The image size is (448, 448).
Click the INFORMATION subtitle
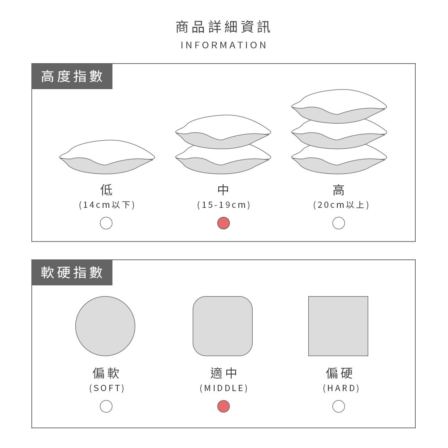(x=224, y=45)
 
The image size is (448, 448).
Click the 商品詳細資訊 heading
(x=223, y=27)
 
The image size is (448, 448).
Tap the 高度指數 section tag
(x=72, y=76)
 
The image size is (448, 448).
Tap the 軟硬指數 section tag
(x=72, y=272)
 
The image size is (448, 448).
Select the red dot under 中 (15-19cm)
(x=224, y=223)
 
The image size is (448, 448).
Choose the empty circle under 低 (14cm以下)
(x=106, y=223)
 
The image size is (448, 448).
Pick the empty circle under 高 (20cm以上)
(x=339, y=223)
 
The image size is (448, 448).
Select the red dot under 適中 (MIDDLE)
(x=224, y=406)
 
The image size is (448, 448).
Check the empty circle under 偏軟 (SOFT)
(x=106, y=406)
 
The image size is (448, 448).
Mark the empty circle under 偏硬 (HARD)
(x=339, y=406)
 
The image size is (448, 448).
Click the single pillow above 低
(x=107, y=157)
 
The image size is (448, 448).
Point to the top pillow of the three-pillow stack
(x=339, y=106)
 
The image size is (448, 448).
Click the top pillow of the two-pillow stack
(x=223, y=132)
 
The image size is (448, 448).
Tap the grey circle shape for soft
(x=105, y=326)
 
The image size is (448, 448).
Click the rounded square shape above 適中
(x=223, y=326)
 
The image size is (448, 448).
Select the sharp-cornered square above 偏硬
(x=338, y=326)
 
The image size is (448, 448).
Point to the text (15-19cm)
(x=224, y=205)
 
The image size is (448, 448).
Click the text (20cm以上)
(x=341, y=205)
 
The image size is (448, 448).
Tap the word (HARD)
(x=341, y=388)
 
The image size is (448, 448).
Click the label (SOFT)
(x=107, y=388)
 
